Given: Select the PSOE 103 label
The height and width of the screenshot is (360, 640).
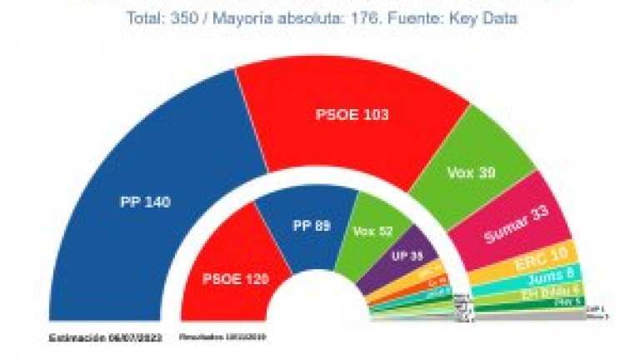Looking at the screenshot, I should point(353,114).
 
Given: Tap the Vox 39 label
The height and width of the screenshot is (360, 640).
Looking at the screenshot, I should point(471,173).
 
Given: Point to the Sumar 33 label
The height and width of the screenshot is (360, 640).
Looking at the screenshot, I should point(517,223).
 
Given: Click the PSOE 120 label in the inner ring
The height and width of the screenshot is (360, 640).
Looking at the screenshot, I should point(236,280).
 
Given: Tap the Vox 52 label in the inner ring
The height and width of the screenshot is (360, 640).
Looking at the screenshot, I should point(372,231).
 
